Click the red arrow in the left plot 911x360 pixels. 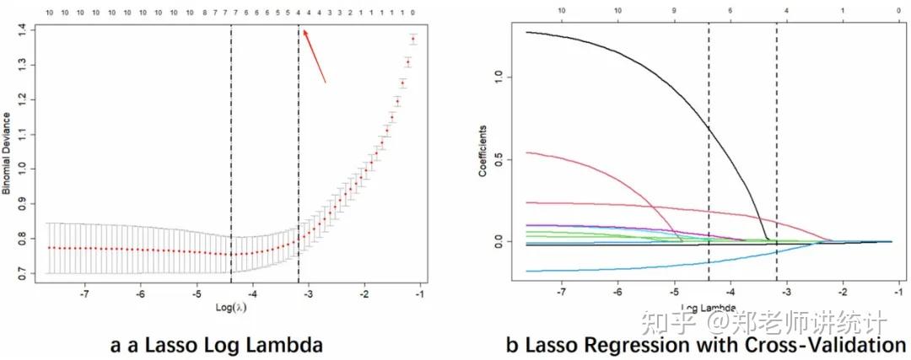click(314, 56)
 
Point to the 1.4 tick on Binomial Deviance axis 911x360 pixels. click(35, 30)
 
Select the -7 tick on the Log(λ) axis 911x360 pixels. click(84, 295)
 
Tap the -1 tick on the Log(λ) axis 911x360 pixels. click(419, 295)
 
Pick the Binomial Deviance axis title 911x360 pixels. click(7, 153)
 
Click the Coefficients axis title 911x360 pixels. click(484, 152)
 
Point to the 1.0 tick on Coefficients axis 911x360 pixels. click(500, 76)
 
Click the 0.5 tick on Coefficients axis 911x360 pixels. click(500, 159)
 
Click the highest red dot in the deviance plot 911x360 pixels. click(413, 39)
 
